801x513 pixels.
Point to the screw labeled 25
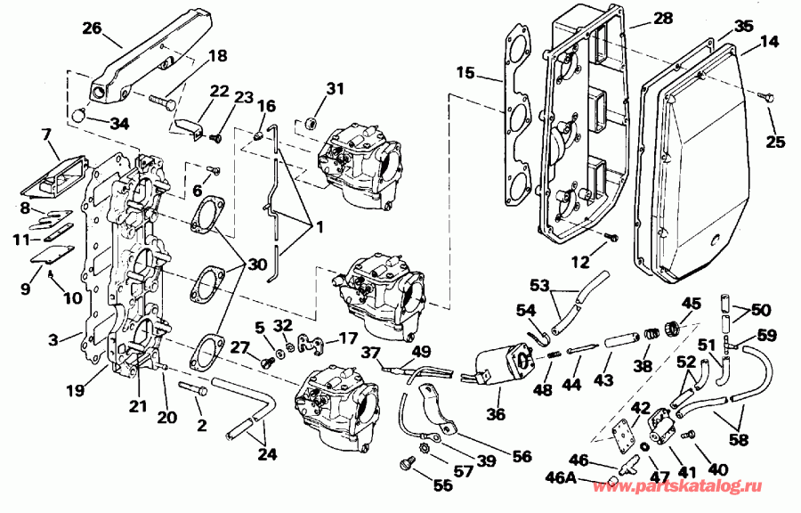[765, 94]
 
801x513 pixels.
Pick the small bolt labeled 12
[611, 236]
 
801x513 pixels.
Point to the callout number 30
[256, 265]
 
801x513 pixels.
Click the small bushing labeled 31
[311, 120]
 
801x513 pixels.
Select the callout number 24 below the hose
[266, 454]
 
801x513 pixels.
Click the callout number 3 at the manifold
[53, 340]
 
